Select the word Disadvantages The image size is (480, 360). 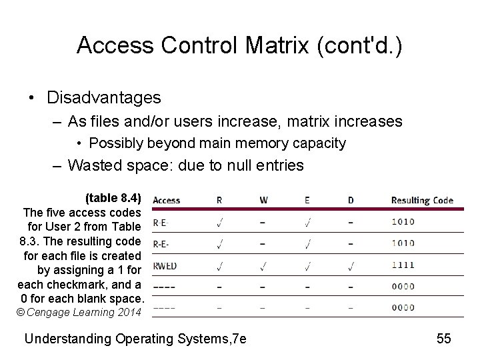104,98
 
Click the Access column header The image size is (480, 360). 166,200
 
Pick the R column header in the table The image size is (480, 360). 220,200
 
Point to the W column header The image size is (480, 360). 263,200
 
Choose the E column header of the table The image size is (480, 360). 307,200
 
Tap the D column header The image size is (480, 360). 351,200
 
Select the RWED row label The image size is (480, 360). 165,265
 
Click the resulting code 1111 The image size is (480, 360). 403,265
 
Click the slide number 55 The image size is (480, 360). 444,338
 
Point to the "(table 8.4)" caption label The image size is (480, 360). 113,198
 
